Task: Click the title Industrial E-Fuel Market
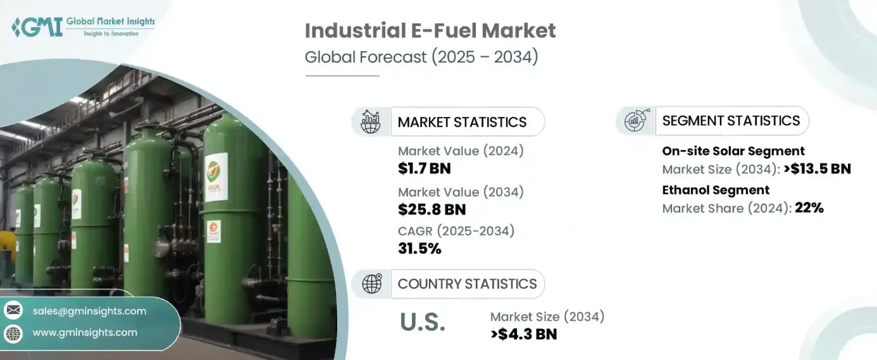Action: coord(430,30)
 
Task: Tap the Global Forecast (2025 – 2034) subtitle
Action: coord(421,57)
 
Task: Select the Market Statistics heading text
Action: coord(462,122)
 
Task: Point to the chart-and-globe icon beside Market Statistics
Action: coord(371,121)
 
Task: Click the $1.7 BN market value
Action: coord(425,168)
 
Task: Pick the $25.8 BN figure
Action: coord(432,209)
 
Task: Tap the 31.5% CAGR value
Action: coord(420,249)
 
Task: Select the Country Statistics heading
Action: coord(467,283)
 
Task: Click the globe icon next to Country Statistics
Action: coord(371,283)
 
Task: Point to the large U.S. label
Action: coord(422,323)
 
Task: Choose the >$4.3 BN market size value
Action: coord(523,334)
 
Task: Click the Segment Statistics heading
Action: coord(731,121)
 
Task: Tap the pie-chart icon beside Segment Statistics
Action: coord(636,120)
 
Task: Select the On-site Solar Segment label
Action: coord(733,151)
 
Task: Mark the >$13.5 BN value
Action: coord(817,169)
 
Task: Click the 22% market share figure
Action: coord(807,208)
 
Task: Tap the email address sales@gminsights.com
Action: coord(89,311)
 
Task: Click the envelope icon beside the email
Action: coord(13,311)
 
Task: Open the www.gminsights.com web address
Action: coord(85,332)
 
